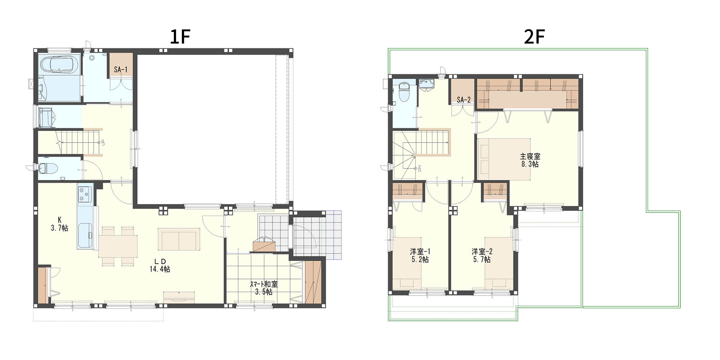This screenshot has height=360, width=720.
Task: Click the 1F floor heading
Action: tap(180, 37)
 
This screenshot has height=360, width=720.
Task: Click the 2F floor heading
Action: tap(534, 37)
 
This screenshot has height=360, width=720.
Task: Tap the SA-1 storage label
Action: tap(121, 69)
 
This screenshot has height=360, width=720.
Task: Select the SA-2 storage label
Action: tap(464, 100)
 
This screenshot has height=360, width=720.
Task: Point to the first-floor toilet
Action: tap(49, 168)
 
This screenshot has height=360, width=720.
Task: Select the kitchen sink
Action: tap(85, 236)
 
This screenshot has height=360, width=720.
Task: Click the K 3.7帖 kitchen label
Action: tap(59, 224)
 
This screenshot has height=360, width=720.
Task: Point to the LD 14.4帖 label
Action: tap(160, 265)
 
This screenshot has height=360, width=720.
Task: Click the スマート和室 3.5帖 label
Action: tap(264, 288)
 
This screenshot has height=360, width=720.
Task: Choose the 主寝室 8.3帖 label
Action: tap(530, 160)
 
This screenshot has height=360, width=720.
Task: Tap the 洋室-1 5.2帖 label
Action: tap(420, 255)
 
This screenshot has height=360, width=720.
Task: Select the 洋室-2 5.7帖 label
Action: tap(482, 255)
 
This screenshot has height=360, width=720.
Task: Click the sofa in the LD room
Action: tap(179, 239)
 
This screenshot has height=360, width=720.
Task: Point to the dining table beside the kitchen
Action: tap(118, 247)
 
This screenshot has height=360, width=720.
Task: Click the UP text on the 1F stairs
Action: tap(103, 142)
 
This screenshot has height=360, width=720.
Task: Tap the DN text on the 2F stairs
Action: tap(419, 168)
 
